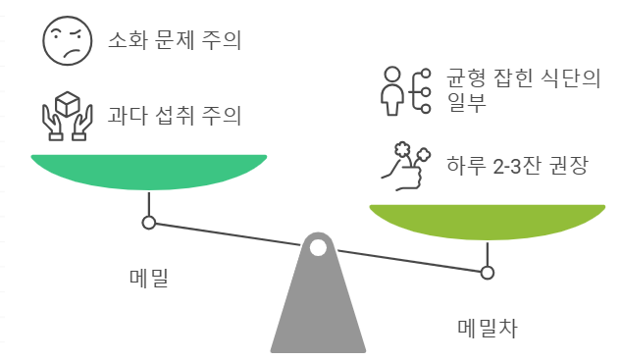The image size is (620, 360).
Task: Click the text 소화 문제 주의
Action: [x=175, y=41]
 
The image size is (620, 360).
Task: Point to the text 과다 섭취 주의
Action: [x=175, y=116]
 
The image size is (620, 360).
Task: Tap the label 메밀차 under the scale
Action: [x=486, y=328]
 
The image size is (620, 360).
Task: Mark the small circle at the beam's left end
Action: [x=149, y=223]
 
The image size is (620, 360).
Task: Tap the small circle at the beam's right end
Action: [x=487, y=272]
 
